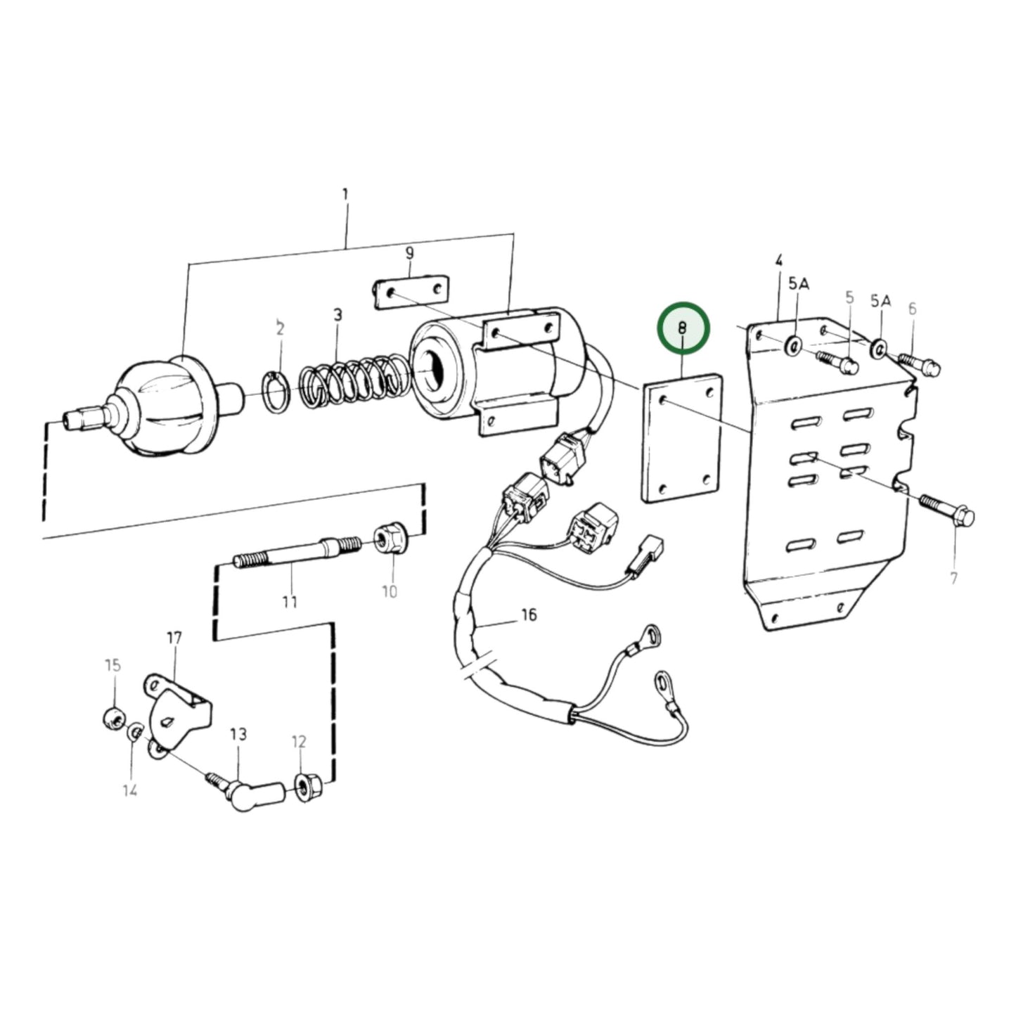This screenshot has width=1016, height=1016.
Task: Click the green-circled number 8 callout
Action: point(683,328)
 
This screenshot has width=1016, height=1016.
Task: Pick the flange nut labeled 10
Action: point(387,539)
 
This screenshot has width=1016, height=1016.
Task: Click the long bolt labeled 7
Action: point(946,509)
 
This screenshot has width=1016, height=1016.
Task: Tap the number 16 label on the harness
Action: point(529,615)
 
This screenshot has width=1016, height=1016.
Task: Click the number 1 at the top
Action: point(345,193)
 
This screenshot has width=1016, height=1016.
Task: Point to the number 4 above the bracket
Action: point(779,260)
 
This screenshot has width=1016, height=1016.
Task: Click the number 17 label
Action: point(174,638)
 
